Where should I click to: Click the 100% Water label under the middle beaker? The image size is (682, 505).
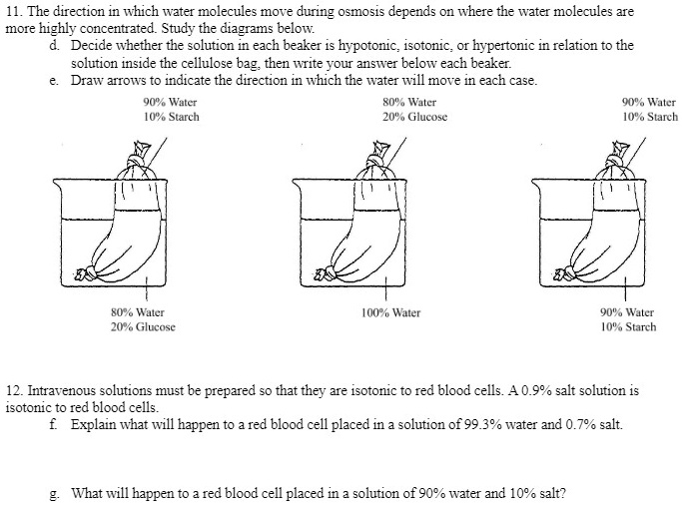pos(390,312)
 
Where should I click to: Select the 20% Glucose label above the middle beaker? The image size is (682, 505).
pos(414,117)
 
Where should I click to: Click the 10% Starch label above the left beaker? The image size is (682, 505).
pos(171,117)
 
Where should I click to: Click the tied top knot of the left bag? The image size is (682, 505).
pos(138,157)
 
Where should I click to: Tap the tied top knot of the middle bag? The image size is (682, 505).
pos(380,157)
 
